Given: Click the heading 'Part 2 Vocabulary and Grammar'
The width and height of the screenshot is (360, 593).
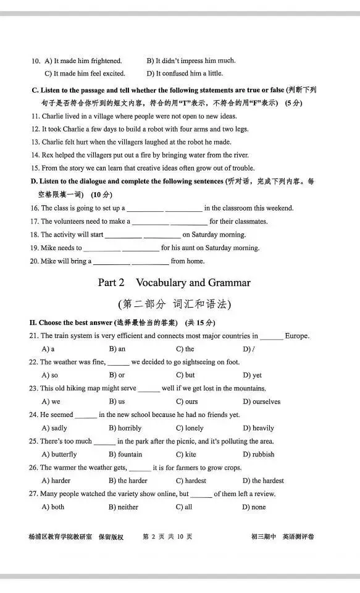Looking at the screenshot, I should coord(174,283).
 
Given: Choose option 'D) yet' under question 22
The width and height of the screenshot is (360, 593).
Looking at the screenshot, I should coord(252,375).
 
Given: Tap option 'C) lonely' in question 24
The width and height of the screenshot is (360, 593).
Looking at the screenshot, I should coord(190,428).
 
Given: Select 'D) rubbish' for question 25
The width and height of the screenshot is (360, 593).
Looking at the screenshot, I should coord(258,455).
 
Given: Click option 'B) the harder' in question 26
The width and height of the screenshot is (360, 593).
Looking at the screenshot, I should coord(128,481).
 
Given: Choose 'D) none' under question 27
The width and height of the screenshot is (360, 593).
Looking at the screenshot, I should coord(254,507).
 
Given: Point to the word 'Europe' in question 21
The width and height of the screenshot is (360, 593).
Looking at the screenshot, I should coord(296,336).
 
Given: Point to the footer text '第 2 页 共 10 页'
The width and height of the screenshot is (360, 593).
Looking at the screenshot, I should coord(167,537).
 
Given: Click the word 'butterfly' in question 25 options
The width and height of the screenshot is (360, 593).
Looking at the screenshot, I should coord(64,455).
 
